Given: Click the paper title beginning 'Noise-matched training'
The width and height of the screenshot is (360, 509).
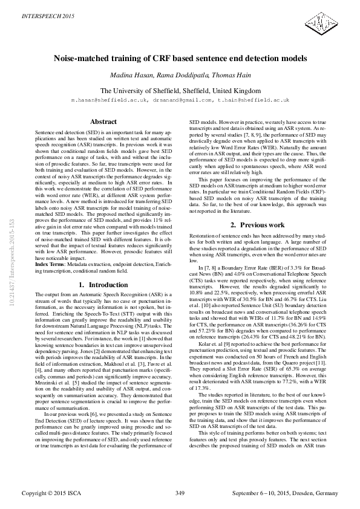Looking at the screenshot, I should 180,59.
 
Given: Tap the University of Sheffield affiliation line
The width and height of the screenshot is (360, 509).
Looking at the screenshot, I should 180,89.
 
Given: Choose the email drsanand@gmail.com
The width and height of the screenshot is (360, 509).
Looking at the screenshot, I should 183,99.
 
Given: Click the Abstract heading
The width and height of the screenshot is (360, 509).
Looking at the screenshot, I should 103,122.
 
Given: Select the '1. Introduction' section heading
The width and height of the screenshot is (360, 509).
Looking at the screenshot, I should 103,284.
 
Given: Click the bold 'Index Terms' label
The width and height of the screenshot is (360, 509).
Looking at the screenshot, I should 51,264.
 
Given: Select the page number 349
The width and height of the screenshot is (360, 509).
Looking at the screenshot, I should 180,493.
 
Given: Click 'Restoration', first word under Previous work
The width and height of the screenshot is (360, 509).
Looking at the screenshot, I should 203,234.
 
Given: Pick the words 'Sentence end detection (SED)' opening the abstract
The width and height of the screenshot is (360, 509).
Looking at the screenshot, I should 63,131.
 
